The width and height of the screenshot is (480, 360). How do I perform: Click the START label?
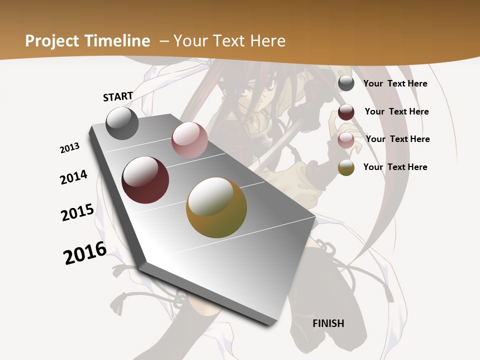118,96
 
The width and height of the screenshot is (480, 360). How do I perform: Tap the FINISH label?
328,323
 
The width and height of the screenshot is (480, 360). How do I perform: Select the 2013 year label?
70,148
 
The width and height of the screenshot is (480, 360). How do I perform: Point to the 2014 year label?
74,177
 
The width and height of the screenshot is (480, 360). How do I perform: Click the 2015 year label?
77,212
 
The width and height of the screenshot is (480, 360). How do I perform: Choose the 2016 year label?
85,252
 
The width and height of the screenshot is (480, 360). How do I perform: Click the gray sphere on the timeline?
122,123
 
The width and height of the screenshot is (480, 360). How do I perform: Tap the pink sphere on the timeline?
189,140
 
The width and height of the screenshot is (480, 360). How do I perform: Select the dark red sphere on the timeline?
145,180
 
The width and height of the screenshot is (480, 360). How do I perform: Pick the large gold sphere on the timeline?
216,207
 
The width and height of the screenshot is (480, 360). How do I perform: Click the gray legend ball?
346,83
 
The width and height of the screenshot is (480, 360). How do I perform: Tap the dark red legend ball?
346,112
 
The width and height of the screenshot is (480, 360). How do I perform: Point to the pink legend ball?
346,140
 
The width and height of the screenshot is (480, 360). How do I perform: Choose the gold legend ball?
346,167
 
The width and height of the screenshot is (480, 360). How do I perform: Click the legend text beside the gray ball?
395,83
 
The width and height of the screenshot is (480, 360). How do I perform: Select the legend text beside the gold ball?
395,167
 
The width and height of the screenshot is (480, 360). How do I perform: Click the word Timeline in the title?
118,41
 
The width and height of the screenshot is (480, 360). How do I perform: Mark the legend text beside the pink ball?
397,139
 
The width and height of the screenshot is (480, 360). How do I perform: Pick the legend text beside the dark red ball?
396,111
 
